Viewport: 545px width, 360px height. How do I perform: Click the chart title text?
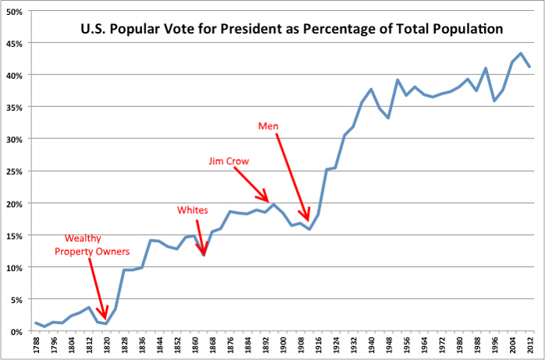click(x=291, y=31)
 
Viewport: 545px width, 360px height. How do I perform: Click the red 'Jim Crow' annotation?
click(x=229, y=162)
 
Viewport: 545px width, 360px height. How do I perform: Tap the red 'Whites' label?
click(x=192, y=209)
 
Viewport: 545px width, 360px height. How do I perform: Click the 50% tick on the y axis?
click(x=16, y=11)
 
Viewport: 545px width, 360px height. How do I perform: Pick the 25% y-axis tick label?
click(x=16, y=171)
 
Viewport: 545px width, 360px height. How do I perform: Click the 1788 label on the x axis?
click(x=37, y=344)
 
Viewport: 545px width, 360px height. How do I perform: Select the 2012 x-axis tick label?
click(x=530, y=344)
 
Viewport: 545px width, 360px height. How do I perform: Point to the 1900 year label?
click(x=283, y=344)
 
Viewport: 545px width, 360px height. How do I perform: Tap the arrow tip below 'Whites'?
click(x=205, y=255)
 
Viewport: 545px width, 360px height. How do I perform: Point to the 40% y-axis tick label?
click(x=16, y=75)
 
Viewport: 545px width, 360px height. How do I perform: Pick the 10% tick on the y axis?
click(x=16, y=267)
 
